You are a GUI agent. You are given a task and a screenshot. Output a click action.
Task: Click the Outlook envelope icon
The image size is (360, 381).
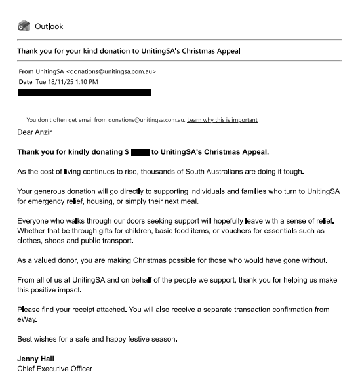24,26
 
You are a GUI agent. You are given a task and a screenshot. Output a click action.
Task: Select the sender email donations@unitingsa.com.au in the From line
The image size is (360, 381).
113,71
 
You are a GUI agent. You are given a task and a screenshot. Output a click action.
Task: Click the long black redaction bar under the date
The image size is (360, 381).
84,92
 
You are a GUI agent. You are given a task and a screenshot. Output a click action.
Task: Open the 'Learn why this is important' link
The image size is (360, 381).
222,120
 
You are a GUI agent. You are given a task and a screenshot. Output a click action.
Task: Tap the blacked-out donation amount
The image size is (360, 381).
140,153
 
